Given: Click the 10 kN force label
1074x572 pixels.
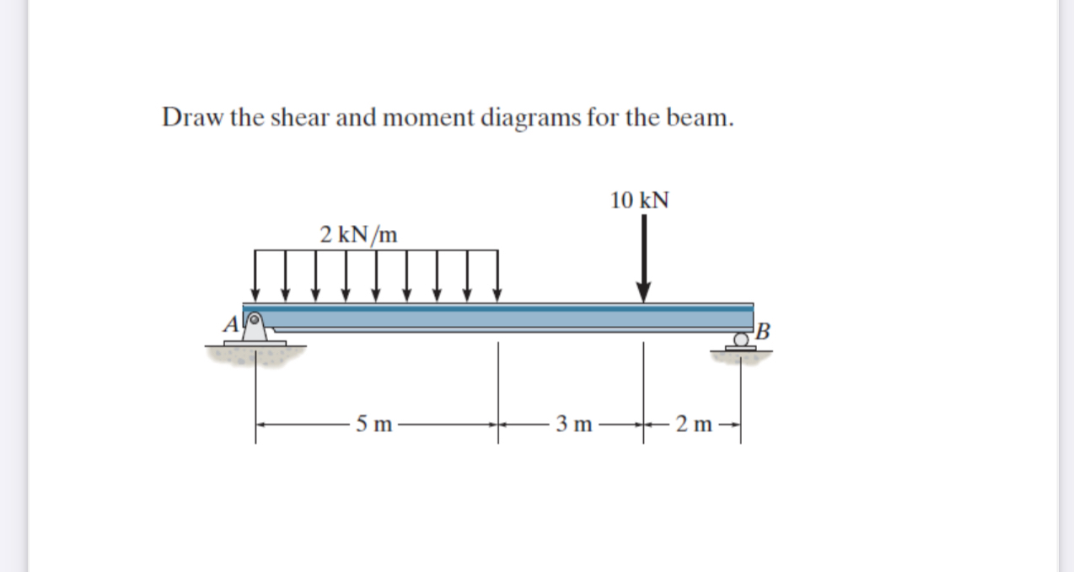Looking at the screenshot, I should (x=640, y=200).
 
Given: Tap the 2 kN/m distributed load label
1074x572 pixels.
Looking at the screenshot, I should (x=359, y=233).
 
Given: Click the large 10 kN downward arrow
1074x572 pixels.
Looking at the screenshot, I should (x=643, y=258).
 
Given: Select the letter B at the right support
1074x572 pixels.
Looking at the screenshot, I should (x=763, y=330).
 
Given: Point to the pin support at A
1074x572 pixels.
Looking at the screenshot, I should (x=255, y=328).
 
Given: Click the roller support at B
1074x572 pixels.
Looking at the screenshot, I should (x=740, y=340).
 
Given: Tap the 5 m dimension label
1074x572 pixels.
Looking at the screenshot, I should (x=373, y=424).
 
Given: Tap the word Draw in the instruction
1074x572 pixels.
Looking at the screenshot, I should (x=191, y=117).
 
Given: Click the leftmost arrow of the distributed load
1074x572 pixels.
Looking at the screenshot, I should (x=255, y=275).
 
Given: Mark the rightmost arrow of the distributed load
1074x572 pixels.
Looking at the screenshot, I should (x=497, y=275).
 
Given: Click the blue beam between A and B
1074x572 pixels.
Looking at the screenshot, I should (x=506, y=318).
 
